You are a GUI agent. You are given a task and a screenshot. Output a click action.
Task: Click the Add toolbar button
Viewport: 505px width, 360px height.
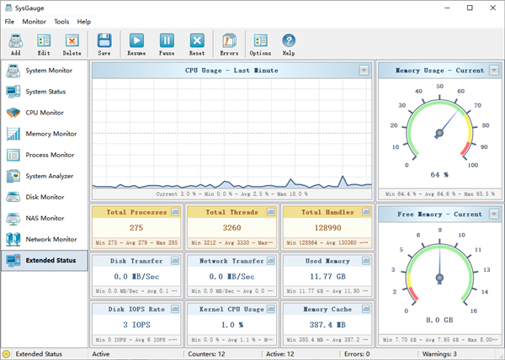pyautogui.click(x=15, y=44)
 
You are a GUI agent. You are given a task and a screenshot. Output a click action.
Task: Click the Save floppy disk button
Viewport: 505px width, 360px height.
pyautogui.click(x=104, y=44)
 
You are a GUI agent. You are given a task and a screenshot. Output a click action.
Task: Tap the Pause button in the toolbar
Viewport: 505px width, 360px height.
pyautogui.click(x=167, y=44)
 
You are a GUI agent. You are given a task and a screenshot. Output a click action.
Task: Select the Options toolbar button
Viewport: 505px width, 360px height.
pyautogui.click(x=259, y=44)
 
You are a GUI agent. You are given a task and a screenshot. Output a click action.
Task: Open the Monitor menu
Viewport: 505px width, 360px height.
pyautogui.click(x=35, y=21)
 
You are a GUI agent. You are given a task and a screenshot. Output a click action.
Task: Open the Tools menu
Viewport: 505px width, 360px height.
pyautogui.click(x=61, y=21)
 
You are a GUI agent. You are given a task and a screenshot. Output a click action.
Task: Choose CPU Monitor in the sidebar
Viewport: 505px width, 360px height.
pyautogui.click(x=44, y=113)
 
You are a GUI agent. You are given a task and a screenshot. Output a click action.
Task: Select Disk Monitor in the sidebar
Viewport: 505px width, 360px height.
pyautogui.click(x=44, y=197)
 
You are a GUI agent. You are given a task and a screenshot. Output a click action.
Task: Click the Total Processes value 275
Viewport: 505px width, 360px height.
pyautogui.click(x=136, y=227)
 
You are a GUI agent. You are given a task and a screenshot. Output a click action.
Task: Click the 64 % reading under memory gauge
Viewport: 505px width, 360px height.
pyautogui.click(x=439, y=174)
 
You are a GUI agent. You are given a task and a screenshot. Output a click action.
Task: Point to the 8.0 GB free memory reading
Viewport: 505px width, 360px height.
pyautogui.click(x=439, y=320)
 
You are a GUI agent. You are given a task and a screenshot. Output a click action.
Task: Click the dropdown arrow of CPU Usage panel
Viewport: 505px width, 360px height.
pyautogui.click(x=364, y=71)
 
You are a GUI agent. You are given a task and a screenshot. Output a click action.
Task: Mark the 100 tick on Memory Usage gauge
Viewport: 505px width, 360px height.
pyautogui.click(x=472, y=166)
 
